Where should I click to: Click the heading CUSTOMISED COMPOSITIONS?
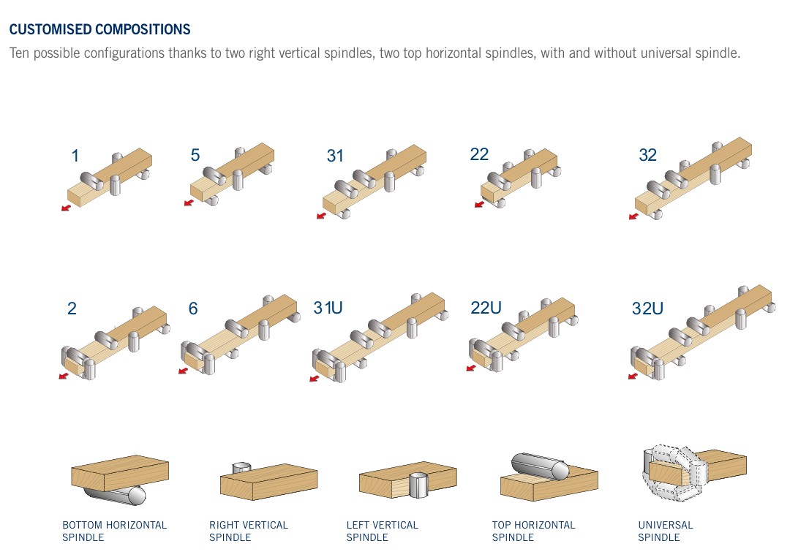point(99,29)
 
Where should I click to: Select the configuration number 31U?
point(328,308)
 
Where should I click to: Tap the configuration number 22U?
point(486,308)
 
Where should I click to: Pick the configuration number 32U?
point(647,309)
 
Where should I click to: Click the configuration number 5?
point(195,155)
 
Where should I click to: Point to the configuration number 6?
point(193,309)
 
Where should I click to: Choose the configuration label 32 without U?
point(647,155)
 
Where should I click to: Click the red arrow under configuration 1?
point(66,208)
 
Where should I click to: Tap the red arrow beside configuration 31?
point(321,215)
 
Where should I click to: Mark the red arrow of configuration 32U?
point(633,376)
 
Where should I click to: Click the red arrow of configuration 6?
point(183,370)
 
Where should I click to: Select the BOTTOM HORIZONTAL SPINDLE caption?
point(115,531)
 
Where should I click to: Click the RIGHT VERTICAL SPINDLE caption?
point(249,531)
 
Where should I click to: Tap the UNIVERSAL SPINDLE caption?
point(666,531)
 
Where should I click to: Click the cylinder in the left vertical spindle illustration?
point(418,485)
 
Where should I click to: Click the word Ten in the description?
point(20,53)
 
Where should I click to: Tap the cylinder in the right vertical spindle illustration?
point(241,468)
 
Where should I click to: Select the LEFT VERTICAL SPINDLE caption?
point(383,531)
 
